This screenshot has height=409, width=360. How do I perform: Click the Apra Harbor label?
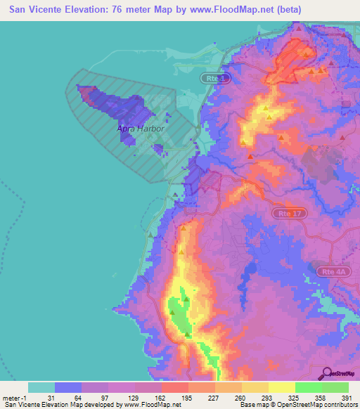[x=141, y=129]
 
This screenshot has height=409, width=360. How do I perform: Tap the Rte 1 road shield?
[x=217, y=79]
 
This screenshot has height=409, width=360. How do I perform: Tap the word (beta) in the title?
[x=288, y=10]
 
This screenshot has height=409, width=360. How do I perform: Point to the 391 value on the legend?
[x=348, y=396]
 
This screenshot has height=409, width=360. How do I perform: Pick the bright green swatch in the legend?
[x=308, y=387]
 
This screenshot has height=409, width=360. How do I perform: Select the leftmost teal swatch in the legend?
[x=41, y=387]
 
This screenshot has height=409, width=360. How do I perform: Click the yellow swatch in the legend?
[x=281, y=387]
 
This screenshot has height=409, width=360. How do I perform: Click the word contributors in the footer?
[x=337, y=405]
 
